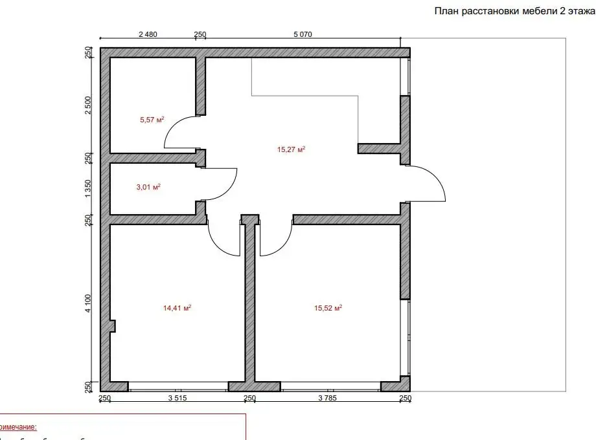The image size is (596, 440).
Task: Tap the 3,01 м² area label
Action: (148, 187)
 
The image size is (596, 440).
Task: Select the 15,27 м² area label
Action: (291, 149)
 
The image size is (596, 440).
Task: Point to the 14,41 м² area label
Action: (177, 308)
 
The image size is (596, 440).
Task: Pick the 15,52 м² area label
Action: (328, 308)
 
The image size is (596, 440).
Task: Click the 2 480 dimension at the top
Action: (148, 35)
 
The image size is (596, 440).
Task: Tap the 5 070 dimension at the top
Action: (303, 35)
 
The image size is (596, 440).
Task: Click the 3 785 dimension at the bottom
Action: (329, 399)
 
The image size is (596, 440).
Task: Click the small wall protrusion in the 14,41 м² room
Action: (112, 325)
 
